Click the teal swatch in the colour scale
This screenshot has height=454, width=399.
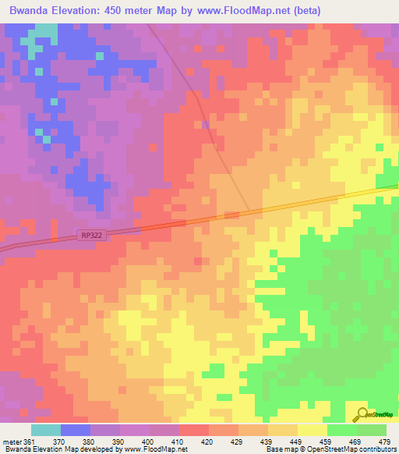coord(46,430)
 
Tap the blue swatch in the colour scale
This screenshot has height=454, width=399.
coord(76,430)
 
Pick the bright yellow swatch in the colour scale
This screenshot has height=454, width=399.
coord(312,430)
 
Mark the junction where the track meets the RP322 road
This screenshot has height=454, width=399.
coord(249,211)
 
